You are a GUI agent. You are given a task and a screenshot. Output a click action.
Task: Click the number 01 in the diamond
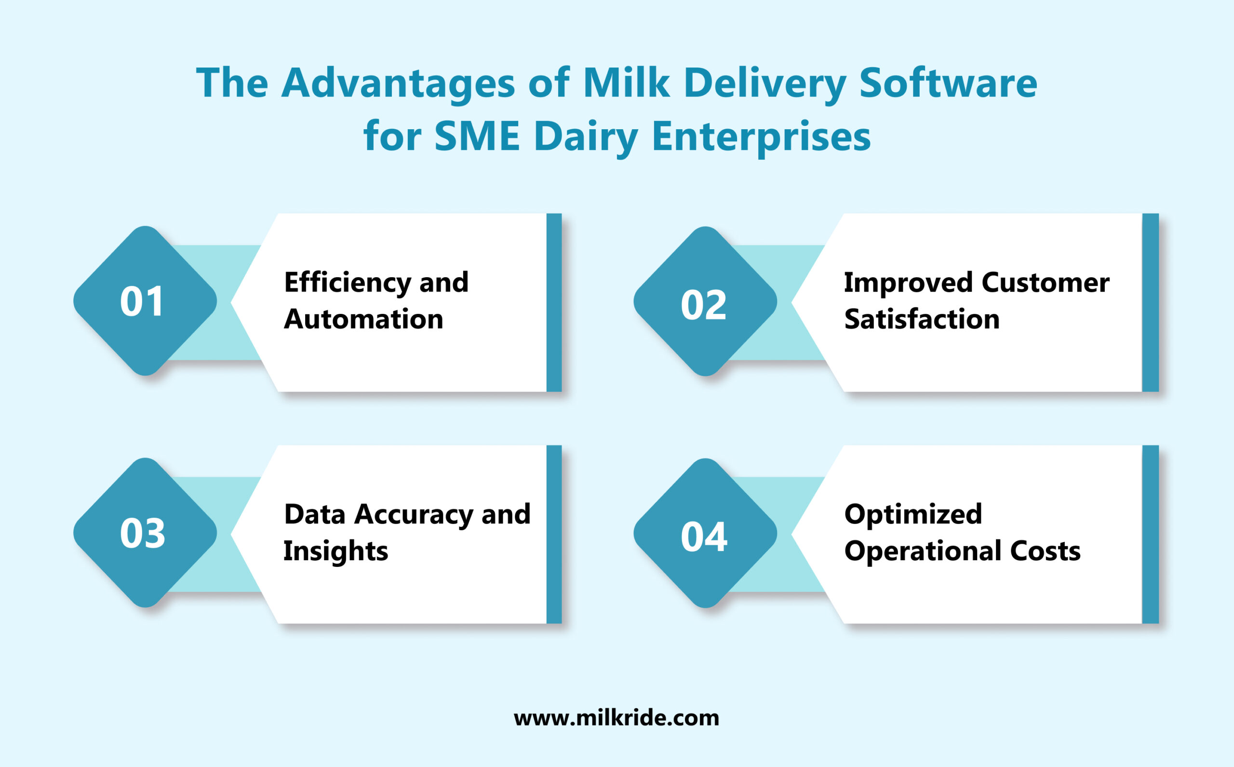tap(142, 302)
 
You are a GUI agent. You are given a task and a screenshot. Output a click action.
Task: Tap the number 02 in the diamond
tap(703, 305)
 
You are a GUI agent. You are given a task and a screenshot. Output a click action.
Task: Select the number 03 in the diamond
tap(143, 534)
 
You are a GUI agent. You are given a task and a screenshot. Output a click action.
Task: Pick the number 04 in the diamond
tap(704, 537)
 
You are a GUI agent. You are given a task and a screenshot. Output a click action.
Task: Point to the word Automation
tap(363, 319)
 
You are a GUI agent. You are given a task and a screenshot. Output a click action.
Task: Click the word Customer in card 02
tap(1046, 283)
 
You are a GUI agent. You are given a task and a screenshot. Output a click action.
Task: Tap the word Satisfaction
tap(922, 319)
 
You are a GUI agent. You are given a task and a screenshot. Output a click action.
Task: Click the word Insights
tap(335, 552)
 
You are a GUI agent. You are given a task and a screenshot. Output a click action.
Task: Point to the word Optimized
tap(913, 514)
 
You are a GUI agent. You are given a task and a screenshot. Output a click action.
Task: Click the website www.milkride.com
tap(616, 718)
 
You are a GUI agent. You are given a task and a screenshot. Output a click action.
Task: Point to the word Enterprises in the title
tap(761, 137)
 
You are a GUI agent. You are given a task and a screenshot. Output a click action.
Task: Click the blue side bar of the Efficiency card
tap(554, 302)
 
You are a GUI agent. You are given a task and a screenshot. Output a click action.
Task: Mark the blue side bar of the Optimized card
tap(1150, 534)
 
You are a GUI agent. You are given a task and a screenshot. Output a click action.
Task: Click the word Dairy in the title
tap(586, 137)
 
